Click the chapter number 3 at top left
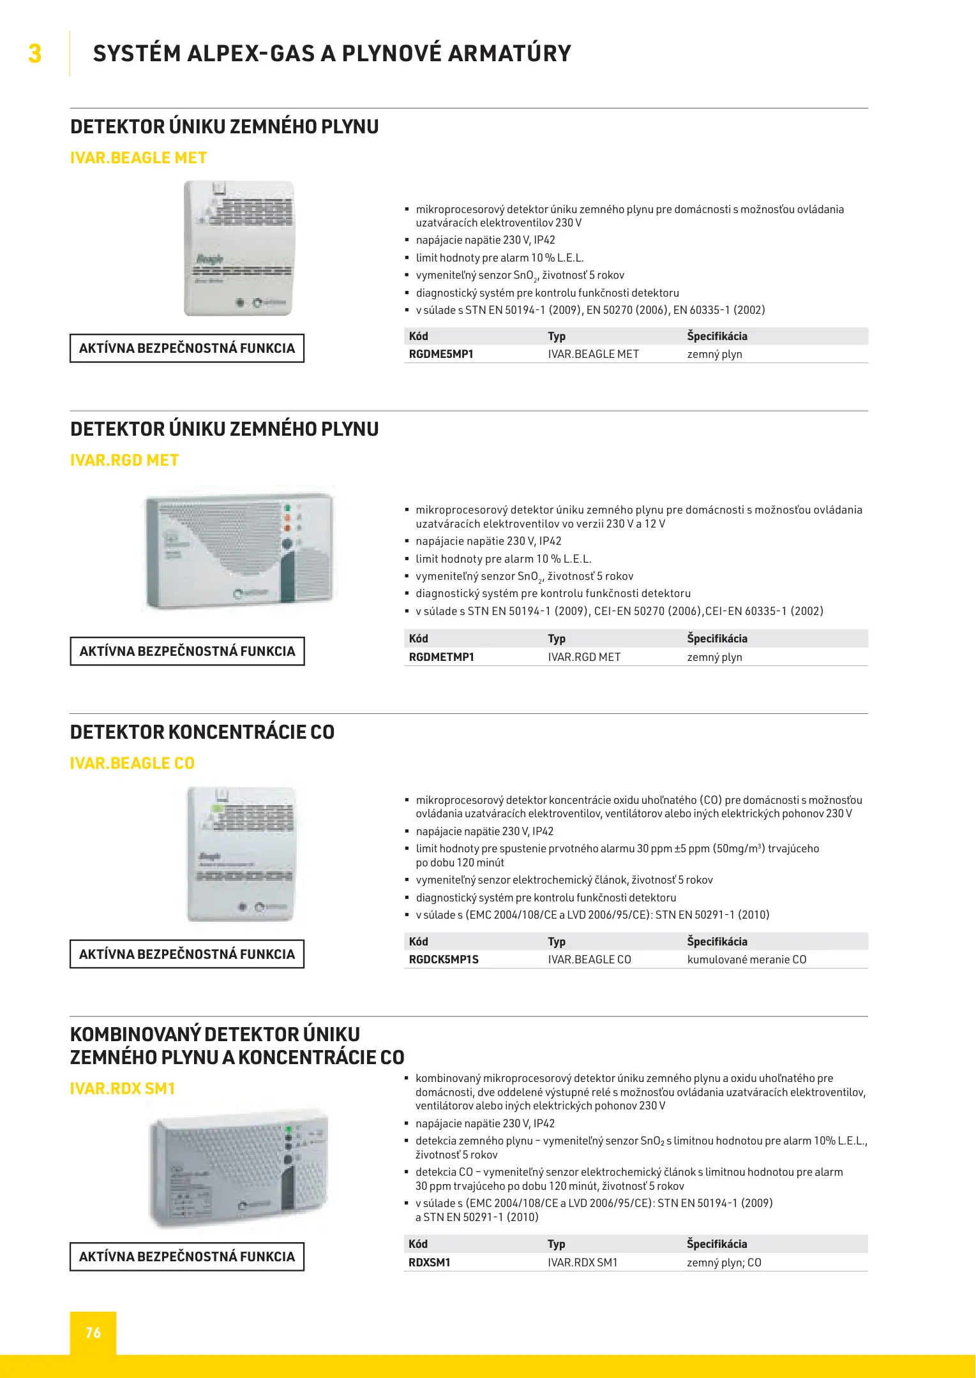click(35, 54)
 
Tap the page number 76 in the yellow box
click(93, 1333)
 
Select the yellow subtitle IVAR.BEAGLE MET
click(139, 158)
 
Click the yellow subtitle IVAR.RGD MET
click(124, 460)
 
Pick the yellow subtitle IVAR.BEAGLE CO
click(132, 763)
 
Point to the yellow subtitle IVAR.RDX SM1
click(123, 1088)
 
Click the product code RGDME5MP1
click(441, 354)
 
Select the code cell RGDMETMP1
click(442, 657)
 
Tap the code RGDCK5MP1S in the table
click(444, 959)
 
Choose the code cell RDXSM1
click(430, 1263)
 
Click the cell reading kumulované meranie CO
click(747, 959)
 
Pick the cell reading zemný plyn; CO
click(724, 1263)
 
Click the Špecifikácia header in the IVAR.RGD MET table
click(717, 639)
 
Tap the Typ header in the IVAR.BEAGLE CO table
click(557, 942)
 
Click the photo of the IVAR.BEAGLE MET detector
click(239, 248)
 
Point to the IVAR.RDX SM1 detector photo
click(239, 1171)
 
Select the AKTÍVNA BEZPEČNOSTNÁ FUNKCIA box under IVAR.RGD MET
click(187, 651)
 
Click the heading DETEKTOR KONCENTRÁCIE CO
click(202, 732)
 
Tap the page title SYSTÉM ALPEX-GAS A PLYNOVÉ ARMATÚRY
click(332, 54)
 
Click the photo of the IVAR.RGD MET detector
click(239, 550)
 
